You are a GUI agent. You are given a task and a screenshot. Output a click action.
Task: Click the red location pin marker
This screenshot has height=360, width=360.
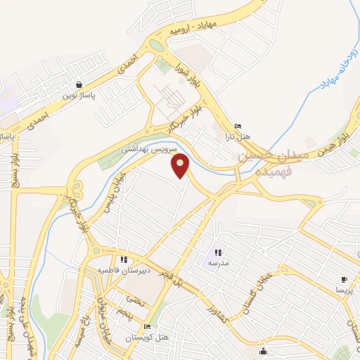[x=181, y=166]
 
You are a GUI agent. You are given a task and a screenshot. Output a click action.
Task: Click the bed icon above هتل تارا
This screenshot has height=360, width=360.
[x=238, y=127]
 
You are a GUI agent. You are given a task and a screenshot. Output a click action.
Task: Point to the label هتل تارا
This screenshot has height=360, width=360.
[x=238, y=136]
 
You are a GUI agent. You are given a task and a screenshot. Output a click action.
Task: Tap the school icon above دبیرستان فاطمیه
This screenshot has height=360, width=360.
[x=124, y=259]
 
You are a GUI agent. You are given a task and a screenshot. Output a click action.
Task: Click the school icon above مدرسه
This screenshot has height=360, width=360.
[x=218, y=252]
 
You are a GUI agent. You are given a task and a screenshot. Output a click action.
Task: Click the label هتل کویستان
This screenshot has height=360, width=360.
[x=146, y=337]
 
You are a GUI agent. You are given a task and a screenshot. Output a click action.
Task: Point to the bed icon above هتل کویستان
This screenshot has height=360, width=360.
[x=147, y=327]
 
